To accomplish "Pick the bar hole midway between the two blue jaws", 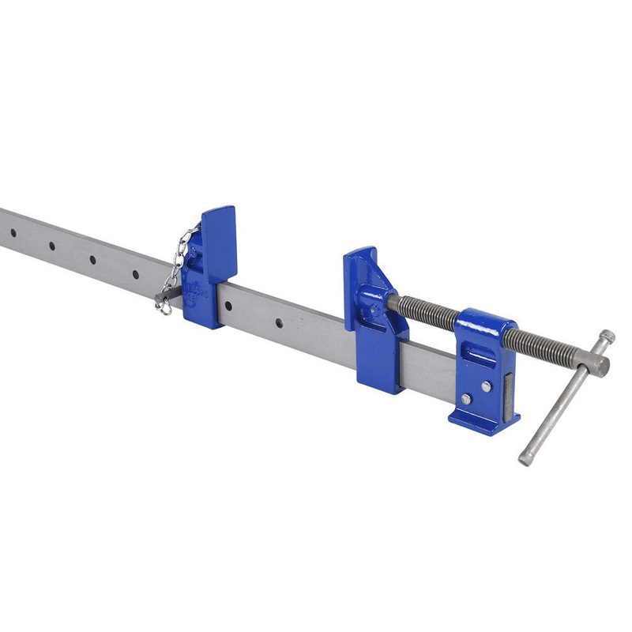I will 279,322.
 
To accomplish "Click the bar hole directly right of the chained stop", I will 279,322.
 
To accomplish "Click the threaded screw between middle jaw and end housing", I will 427,312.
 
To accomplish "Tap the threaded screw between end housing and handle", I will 545,348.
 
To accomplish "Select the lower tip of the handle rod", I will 525,458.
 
